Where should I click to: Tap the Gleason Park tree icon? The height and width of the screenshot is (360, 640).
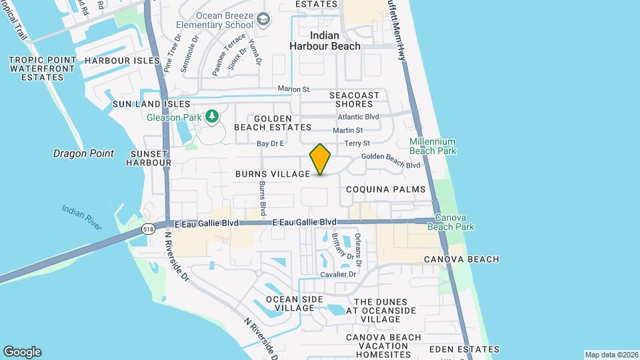(x=212, y=117)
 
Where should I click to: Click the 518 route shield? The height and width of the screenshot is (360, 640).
(x=148, y=229)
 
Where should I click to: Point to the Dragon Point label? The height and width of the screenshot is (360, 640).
(x=83, y=153)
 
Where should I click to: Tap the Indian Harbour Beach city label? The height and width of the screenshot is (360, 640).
(x=325, y=41)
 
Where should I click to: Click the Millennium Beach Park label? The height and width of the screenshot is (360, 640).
(x=433, y=146)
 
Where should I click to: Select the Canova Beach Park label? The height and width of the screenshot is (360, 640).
(x=455, y=222)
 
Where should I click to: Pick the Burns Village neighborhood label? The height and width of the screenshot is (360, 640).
(x=273, y=174)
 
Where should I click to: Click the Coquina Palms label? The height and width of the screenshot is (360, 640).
(x=386, y=189)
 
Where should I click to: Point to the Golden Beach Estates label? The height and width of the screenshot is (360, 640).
(x=273, y=122)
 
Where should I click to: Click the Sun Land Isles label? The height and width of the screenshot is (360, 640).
(x=151, y=104)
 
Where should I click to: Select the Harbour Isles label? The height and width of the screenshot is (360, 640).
(x=123, y=61)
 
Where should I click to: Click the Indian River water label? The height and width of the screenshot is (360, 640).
(x=82, y=217)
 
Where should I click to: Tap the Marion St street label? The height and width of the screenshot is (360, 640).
(x=294, y=89)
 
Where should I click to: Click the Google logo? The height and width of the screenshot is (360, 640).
(x=22, y=352)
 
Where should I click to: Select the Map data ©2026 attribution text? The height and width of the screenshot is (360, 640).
(x=610, y=355)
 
